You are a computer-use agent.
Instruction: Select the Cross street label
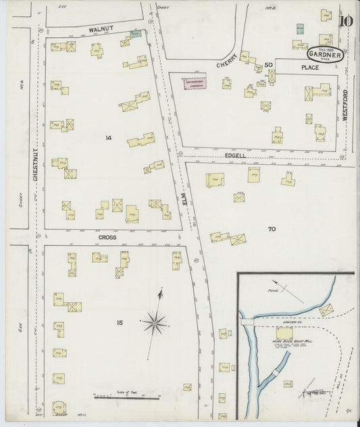pos(107,237)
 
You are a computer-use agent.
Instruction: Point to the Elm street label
pos(182,199)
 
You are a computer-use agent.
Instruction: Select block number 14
pos(108,138)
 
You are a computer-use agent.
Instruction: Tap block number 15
pos(119,323)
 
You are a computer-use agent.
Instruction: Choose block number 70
pos(272,229)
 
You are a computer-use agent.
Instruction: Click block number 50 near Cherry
pos(268,64)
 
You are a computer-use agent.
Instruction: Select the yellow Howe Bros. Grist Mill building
pos(284,334)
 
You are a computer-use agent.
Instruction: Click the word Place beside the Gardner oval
pos(310,68)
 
